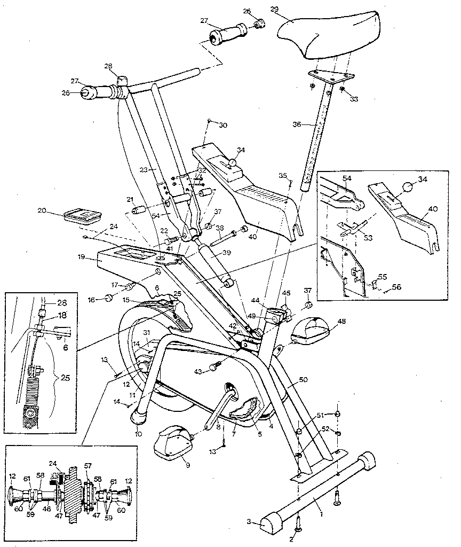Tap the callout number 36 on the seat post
click(297, 124)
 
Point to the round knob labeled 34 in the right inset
click(408, 187)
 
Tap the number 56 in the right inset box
click(397, 287)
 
